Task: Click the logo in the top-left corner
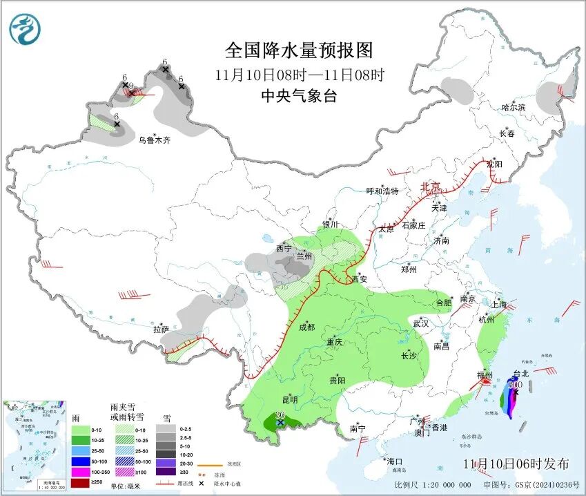click(25, 30)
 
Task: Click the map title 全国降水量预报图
click(299, 50)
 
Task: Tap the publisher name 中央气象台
click(299, 96)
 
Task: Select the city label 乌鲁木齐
click(154, 140)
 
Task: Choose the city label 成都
click(307, 327)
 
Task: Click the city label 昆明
click(289, 399)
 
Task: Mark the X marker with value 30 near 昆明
click(280, 422)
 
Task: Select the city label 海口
click(394, 461)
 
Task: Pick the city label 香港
click(440, 428)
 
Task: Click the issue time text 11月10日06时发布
click(516, 464)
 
